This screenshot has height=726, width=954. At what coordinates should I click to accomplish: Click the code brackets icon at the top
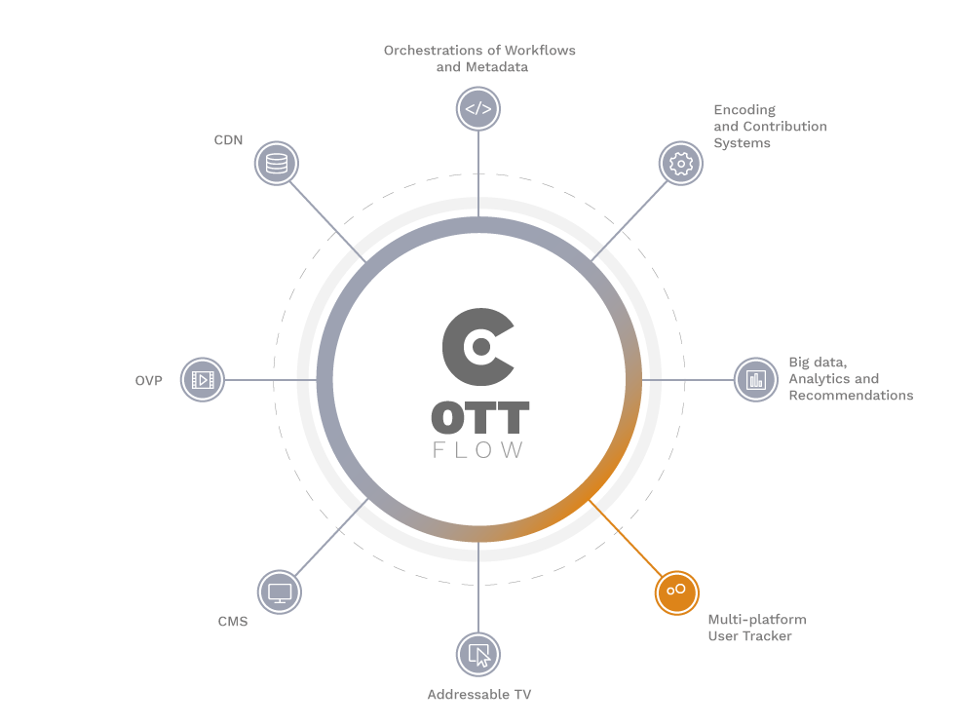pos(478,109)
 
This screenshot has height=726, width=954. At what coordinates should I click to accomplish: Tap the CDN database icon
pos(276,164)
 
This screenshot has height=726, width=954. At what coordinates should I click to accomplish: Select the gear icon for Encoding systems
pos(681,164)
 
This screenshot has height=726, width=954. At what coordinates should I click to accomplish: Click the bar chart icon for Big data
pos(755,380)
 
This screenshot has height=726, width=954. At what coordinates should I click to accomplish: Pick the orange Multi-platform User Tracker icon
pos(676,592)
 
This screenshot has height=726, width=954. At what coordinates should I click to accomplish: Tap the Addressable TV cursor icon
pos(478,655)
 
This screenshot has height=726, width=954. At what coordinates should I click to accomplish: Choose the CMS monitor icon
pos(280,592)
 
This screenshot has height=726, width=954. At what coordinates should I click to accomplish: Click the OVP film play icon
pos(203,380)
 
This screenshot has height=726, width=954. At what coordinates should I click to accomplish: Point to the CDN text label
pos(228,140)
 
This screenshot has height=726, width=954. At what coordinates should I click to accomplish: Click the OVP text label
pos(148,380)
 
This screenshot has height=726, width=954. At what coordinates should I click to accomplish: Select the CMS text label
pos(233,622)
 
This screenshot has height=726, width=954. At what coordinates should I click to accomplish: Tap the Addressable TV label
pos(479,695)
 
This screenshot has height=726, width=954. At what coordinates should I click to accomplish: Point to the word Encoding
pos(744,110)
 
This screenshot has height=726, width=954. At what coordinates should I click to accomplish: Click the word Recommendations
pos(851,396)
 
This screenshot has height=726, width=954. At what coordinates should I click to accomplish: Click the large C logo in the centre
pos(478,347)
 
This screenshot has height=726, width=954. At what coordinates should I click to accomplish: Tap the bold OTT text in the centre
pos(480,417)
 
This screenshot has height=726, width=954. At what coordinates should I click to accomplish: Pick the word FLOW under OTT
pos(477,450)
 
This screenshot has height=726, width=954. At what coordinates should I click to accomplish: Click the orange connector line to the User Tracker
pos(626,539)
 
